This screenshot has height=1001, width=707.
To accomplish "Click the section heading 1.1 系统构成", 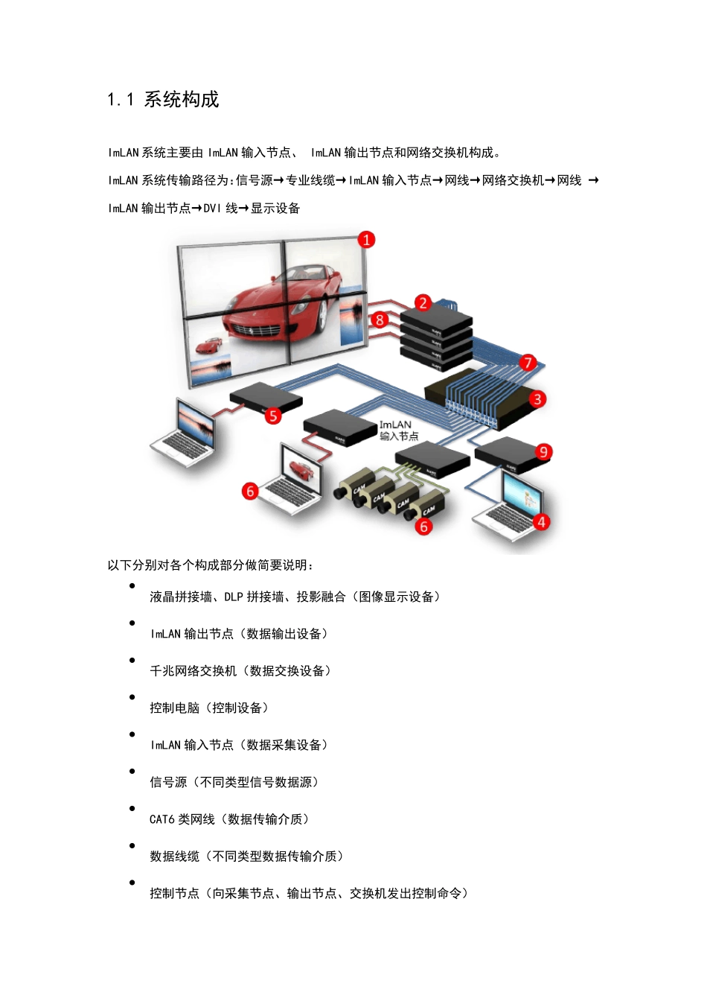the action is pyautogui.click(x=163, y=100).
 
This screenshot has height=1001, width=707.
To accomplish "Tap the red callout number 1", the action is pyautogui.click(x=366, y=240).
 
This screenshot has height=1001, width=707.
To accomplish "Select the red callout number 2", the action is pyautogui.click(x=423, y=302).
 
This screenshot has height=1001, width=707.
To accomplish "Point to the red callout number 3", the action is pyautogui.click(x=537, y=399).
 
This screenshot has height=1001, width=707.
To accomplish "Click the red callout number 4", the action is pyautogui.click(x=541, y=522).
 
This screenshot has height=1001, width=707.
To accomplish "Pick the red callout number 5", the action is pyautogui.click(x=273, y=416).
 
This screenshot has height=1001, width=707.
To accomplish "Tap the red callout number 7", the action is pyautogui.click(x=528, y=363).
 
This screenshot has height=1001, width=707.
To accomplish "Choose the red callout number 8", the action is pyautogui.click(x=380, y=320).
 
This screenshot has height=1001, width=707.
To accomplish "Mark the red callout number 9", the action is pyautogui.click(x=543, y=452).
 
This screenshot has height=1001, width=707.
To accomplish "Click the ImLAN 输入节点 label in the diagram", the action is pyautogui.click(x=398, y=430).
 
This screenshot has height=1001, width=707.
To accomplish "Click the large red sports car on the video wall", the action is pyautogui.click(x=275, y=305).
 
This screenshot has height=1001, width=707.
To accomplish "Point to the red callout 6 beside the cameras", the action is pyautogui.click(x=423, y=527).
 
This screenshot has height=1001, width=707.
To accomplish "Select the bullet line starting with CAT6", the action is pyautogui.click(x=229, y=819).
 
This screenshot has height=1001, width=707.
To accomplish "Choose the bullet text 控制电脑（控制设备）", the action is pyautogui.click(x=209, y=708).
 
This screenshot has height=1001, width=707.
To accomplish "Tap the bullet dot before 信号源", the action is pyautogui.click(x=132, y=772).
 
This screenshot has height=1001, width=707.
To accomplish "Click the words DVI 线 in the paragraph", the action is pyautogui.click(x=220, y=209).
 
